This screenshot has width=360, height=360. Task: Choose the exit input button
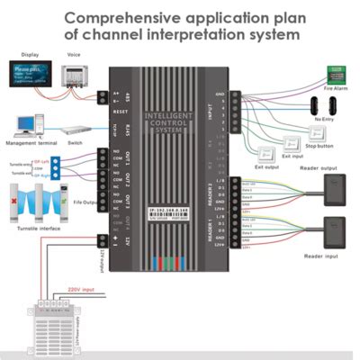pos(292,144)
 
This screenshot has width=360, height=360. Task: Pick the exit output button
pos(267,153)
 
